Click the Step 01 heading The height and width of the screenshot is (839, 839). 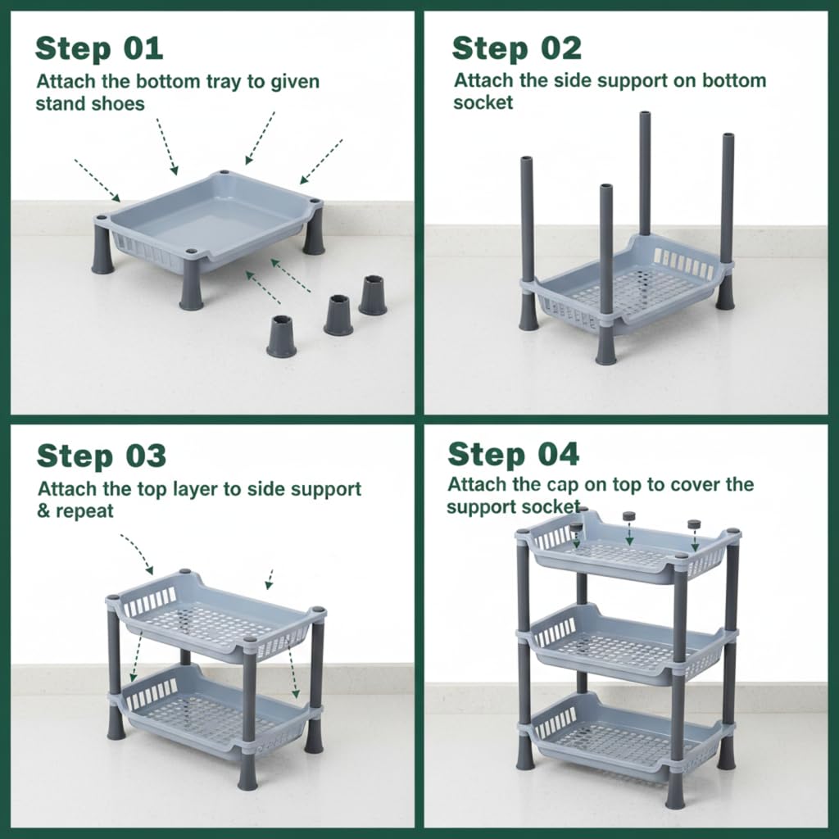tap(99, 48)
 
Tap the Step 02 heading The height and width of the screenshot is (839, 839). tap(516, 48)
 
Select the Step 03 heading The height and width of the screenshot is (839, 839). tap(101, 456)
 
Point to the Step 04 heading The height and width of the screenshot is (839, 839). tap(513, 454)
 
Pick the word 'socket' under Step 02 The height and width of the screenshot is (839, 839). tap(483, 102)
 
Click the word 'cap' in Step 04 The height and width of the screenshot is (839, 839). tap(563, 485)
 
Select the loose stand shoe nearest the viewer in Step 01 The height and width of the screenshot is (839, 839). tap(282, 336)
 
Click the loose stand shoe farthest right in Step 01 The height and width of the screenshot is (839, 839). tap(373, 295)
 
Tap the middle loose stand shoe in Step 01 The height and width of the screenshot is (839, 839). tap(338, 315)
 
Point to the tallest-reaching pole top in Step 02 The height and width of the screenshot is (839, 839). tap(645, 115)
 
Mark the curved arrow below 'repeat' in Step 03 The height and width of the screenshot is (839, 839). tap(137, 552)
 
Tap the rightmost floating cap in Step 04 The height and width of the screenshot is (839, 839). tap(694, 525)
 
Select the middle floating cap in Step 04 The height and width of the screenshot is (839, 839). tap(628, 517)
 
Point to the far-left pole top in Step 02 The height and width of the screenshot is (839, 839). tap(527, 161)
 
